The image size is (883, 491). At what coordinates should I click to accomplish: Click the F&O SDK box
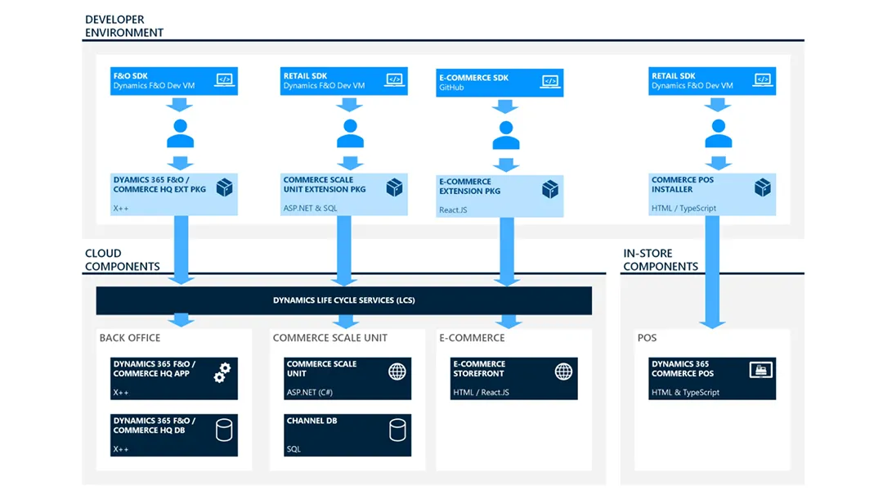coord(173,81)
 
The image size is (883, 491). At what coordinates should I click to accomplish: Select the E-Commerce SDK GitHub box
coord(499,83)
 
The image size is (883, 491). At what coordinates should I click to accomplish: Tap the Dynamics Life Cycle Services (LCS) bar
coord(343,300)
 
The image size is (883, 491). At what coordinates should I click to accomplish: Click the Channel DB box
coord(348,435)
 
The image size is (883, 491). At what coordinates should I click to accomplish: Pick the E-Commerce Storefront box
coord(514,378)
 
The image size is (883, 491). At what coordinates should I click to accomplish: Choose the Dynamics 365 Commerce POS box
coord(712,378)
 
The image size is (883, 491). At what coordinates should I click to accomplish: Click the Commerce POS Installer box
coord(712,194)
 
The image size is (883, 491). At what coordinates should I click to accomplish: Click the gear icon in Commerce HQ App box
coord(222,372)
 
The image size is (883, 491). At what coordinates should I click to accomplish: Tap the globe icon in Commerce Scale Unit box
coord(397,372)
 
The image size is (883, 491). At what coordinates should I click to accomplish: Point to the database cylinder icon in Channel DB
coord(397,429)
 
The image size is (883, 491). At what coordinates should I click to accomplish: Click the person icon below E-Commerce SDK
coord(506,135)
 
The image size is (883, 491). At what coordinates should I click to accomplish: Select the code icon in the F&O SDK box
coord(223,79)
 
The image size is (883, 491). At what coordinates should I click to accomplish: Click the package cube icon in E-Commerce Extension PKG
coord(549,190)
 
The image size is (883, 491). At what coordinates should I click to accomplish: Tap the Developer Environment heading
coord(123,25)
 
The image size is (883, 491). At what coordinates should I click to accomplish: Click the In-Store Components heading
coord(661,260)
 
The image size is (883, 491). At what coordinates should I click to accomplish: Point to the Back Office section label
coord(130,338)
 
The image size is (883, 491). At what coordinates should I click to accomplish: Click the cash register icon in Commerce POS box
coord(760,371)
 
